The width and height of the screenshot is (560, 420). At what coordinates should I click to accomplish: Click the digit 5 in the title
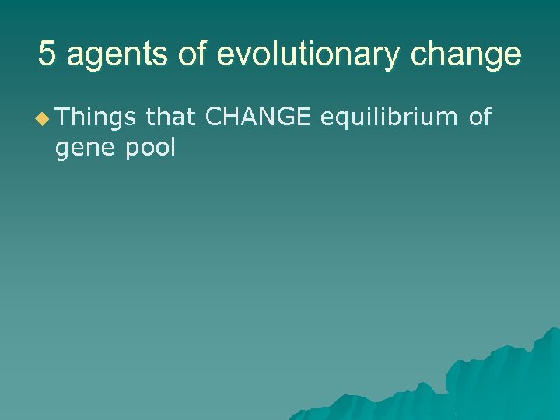pos(47,55)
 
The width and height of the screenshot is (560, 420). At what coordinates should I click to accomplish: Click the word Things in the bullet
pos(96,117)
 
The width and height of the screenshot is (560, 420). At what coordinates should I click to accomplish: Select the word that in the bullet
pos(170,117)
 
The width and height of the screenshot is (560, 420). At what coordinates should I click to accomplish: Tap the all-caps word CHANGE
pos(257,117)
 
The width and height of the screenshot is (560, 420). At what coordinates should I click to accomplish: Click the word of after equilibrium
pos(480,117)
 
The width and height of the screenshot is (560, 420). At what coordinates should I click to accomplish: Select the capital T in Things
pos(61,117)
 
